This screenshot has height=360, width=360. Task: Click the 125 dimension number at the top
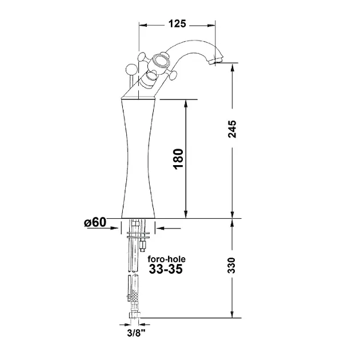[177, 23]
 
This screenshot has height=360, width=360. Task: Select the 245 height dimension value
[232, 129]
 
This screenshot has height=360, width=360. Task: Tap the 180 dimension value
[179, 159]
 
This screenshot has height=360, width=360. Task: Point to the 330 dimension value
[232, 265]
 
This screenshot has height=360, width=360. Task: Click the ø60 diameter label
[95, 222]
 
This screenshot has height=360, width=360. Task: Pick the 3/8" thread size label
[137, 333]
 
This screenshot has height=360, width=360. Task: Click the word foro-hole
[166, 259]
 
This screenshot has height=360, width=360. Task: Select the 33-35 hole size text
[166, 269]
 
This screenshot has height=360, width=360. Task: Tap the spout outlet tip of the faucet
[215, 61]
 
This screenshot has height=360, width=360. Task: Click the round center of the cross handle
[159, 61]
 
